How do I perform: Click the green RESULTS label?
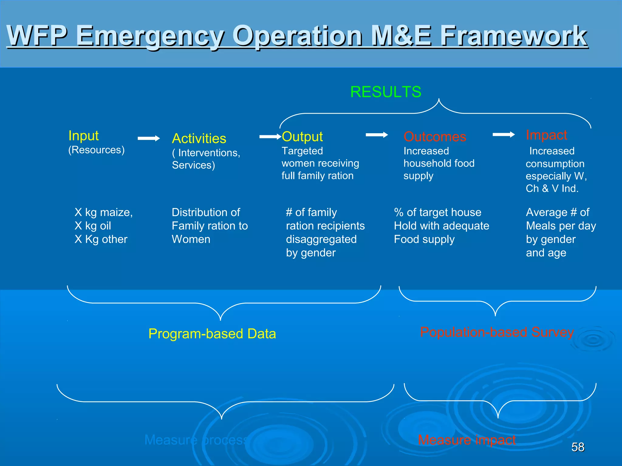385,92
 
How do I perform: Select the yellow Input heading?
84,136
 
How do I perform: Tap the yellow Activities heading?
199,139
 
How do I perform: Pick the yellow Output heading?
302,137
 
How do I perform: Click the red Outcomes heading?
435,137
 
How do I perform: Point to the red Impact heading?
546,135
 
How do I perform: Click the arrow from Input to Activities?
149,138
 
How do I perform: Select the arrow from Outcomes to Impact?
504,134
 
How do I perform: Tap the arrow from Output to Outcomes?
377,135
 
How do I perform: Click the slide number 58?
578,447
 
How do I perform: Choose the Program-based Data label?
212,334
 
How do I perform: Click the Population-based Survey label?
497,332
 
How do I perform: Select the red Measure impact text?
466,440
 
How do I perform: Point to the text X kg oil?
93,226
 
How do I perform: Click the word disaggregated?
321,239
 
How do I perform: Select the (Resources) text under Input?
96,150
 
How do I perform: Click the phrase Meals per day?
561,226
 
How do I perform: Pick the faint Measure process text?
196,440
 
